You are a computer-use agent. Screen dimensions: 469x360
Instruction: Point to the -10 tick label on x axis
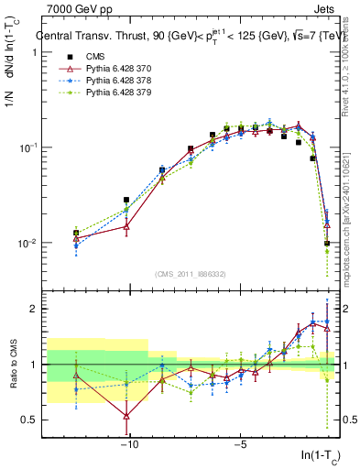(129, 445)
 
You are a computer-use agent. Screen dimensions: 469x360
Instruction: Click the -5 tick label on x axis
(239, 445)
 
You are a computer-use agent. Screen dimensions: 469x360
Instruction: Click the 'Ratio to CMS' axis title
(13, 364)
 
